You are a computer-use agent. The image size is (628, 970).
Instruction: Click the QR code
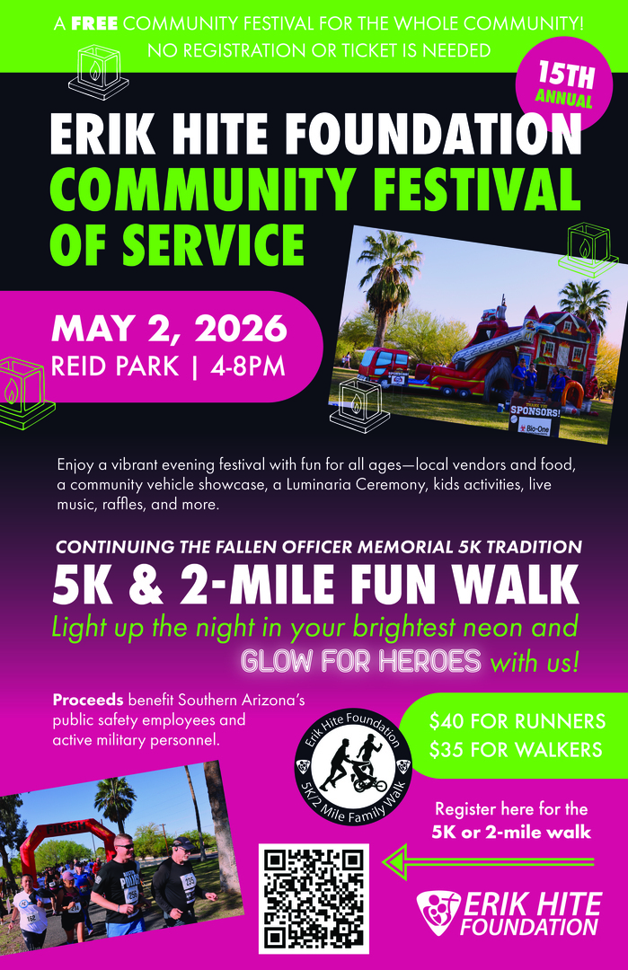(x=314, y=898)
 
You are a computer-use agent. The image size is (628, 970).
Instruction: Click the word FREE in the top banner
(x=95, y=22)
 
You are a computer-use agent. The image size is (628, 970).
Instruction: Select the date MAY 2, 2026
(x=170, y=329)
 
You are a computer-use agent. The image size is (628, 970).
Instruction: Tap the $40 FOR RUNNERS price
(x=517, y=721)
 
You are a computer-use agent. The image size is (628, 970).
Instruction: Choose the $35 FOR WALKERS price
(x=517, y=749)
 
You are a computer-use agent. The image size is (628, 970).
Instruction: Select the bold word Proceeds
(x=88, y=700)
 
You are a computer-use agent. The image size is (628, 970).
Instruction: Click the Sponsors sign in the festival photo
(x=535, y=412)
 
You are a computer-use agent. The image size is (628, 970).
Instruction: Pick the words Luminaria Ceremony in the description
(x=386, y=486)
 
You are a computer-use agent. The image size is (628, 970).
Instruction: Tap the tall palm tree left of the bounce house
(x=388, y=269)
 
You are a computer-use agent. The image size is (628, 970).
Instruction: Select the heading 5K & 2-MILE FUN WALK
(x=315, y=586)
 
